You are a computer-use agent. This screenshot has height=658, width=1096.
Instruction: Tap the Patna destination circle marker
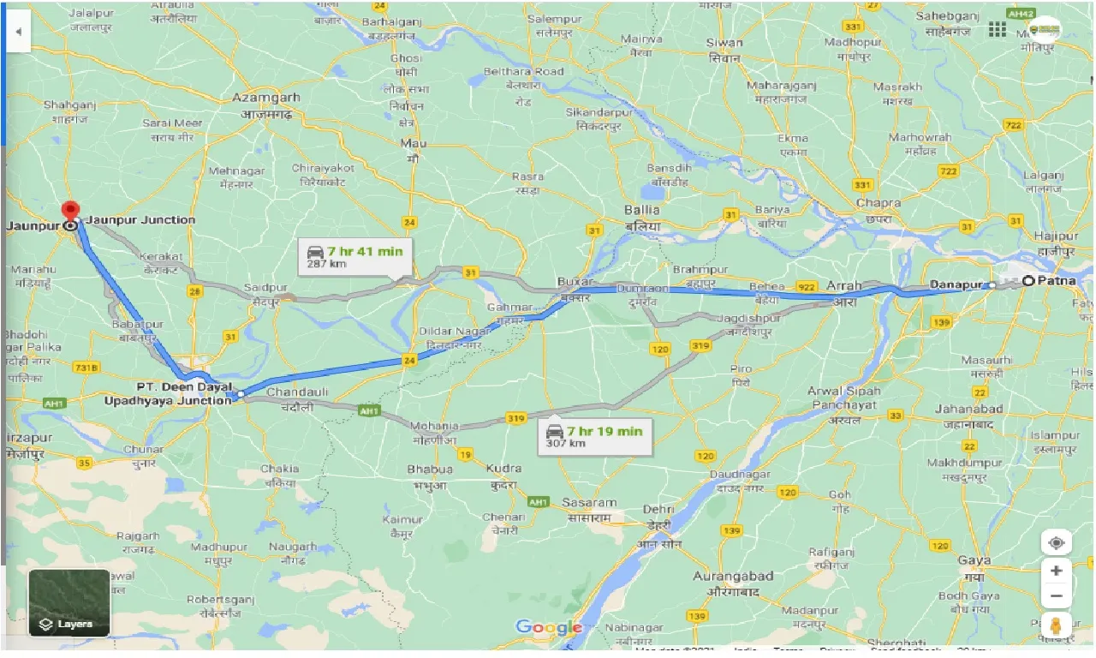(1027, 280)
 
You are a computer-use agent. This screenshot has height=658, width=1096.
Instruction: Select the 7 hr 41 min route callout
(355, 256)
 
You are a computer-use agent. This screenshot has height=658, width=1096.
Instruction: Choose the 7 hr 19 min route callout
(594, 436)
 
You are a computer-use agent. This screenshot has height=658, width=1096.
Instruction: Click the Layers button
(69, 603)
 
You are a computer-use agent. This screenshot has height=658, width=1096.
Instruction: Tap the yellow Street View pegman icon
(1057, 626)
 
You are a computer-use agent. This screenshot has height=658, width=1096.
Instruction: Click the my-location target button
(1057, 543)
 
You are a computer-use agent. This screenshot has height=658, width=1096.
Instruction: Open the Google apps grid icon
(998, 30)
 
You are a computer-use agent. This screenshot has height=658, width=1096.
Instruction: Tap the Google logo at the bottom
(548, 628)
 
